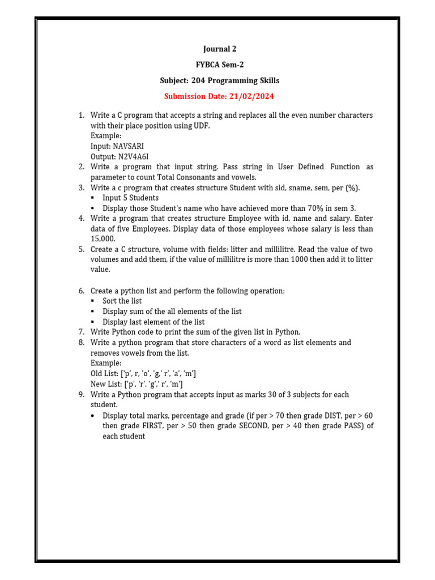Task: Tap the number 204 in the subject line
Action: [199, 81]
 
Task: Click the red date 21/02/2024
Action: [251, 97]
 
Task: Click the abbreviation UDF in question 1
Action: [199, 126]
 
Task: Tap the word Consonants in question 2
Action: [186, 177]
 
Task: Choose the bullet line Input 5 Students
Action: [130, 198]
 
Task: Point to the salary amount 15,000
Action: [103, 239]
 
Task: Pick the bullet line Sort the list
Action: [122, 301]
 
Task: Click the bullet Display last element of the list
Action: [153, 322]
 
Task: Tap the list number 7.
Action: [81, 332]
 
